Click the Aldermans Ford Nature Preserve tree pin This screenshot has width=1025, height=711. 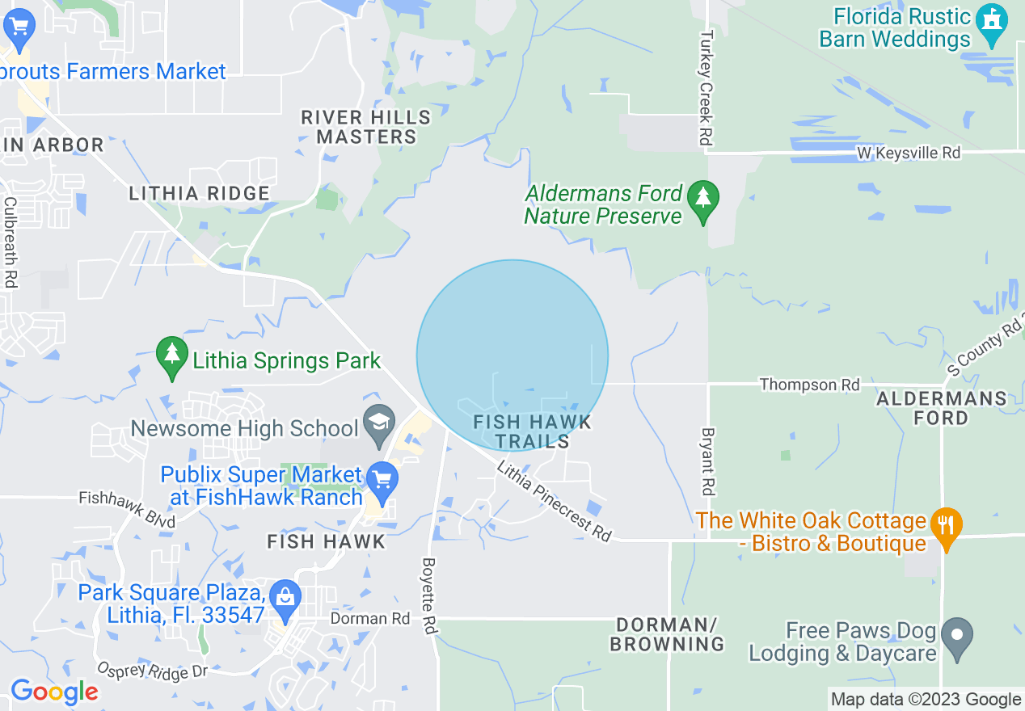[703, 200]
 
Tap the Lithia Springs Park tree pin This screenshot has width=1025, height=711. [171, 358]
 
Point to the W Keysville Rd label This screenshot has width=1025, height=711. [909, 152]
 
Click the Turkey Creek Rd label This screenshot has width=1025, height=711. [707, 89]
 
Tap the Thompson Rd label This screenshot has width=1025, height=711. [809, 385]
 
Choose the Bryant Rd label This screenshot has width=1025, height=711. [707, 461]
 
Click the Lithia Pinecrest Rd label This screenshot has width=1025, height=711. [555, 500]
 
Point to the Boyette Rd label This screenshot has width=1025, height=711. [429, 595]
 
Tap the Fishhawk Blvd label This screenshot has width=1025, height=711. [127, 510]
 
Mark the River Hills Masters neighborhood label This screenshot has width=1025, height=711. [366, 127]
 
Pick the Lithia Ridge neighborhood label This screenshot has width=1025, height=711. [199, 193]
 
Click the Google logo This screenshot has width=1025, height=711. [54, 692]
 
